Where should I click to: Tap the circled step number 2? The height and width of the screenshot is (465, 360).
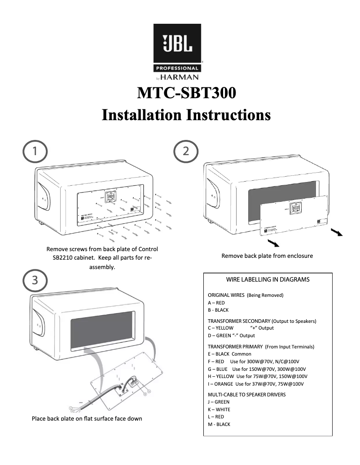(x=186, y=151)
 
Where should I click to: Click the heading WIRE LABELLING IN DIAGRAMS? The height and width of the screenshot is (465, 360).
(x=268, y=279)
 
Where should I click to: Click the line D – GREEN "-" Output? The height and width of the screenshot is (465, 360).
(x=231, y=335)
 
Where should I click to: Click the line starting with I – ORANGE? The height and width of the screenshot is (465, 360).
(x=255, y=384)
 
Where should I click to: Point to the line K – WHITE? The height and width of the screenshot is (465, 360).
(x=219, y=409)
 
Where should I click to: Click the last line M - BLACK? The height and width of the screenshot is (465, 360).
(x=219, y=424)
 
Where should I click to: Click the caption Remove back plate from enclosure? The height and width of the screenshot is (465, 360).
(x=267, y=256)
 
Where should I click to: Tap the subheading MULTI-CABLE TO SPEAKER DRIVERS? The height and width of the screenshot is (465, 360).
(x=246, y=395)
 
